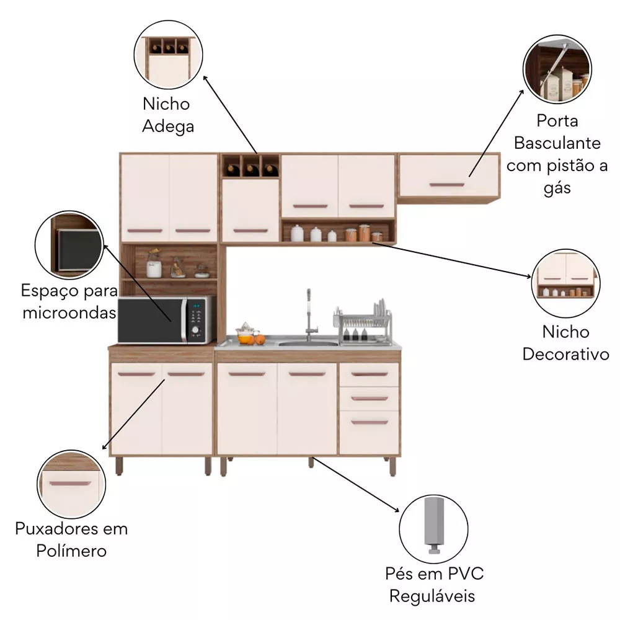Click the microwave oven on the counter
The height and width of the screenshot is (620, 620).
[x=166, y=320]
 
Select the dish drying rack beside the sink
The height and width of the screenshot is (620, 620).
[x=363, y=324]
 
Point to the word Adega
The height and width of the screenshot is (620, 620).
[x=168, y=127]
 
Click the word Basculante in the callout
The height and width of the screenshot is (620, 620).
[x=557, y=143]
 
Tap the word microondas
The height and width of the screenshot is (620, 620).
[x=69, y=312]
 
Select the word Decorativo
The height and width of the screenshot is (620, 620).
[x=565, y=354]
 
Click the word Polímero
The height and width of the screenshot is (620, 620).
[x=71, y=551]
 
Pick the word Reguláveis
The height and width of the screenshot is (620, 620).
[x=432, y=596]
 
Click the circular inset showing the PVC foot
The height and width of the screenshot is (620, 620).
[x=434, y=529]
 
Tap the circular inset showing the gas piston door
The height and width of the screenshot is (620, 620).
[x=557, y=69]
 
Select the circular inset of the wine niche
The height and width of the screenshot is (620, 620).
[x=169, y=55]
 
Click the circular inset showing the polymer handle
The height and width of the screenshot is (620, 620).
[x=71, y=484]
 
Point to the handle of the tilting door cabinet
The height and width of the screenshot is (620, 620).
[x=447, y=185]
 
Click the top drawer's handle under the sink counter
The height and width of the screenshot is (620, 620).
[x=370, y=374]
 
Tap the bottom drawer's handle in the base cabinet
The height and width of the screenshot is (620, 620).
[x=370, y=422]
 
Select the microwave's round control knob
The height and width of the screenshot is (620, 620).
[x=195, y=330]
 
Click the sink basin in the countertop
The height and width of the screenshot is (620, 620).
[x=308, y=343]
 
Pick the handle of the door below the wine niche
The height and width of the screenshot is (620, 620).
[x=250, y=231]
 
